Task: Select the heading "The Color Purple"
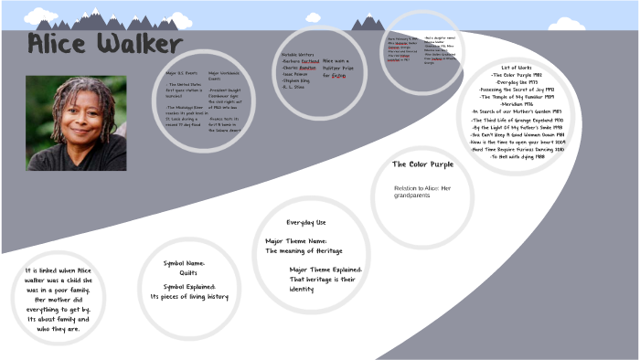click(x=422, y=164)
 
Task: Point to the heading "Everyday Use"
click(x=305, y=222)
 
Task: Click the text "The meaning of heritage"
click(x=303, y=250)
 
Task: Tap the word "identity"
click(x=302, y=290)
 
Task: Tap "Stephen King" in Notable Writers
click(x=298, y=81)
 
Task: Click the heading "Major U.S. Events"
click(x=183, y=72)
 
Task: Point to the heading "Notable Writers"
click(x=298, y=55)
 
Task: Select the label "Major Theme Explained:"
click(x=326, y=270)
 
